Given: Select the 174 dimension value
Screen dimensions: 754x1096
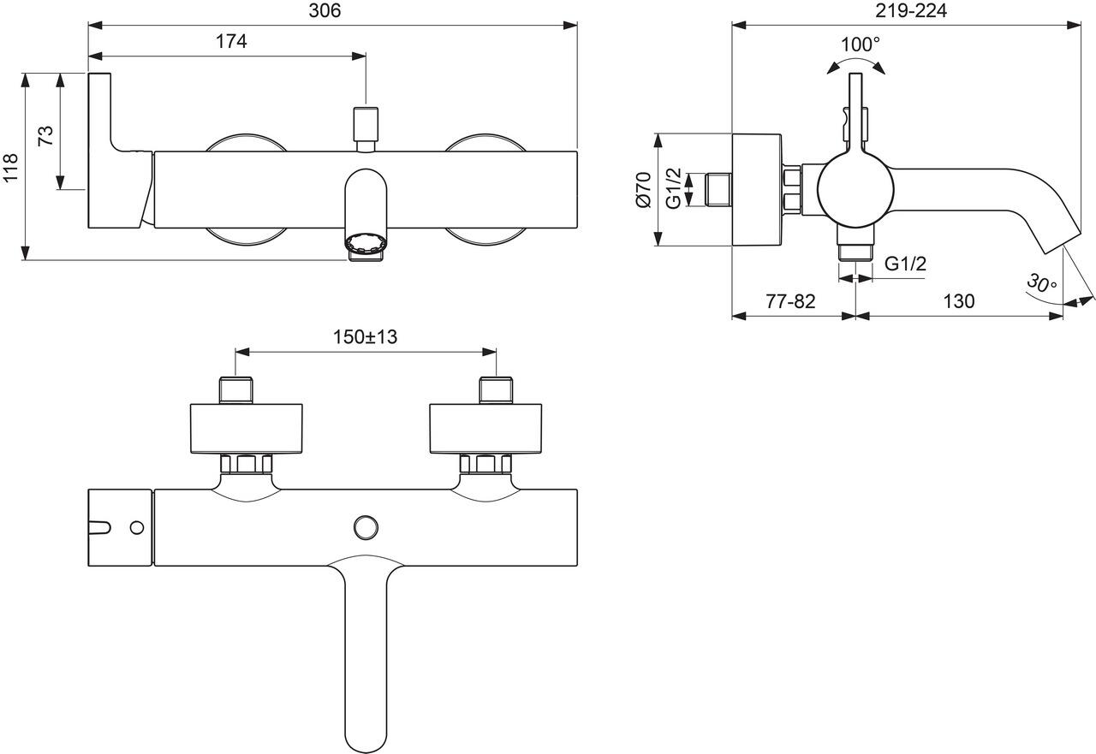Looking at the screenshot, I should pyautogui.click(x=231, y=42).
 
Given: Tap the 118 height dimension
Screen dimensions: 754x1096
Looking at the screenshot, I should pyautogui.click(x=10, y=167).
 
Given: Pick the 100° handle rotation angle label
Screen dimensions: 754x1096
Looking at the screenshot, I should pyautogui.click(x=860, y=44).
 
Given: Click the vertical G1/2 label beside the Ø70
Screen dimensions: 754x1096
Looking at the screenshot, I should pyautogui.click(x=675, y=189).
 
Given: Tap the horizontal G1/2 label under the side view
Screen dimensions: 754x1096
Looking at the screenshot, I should pyautogui.click(x=905, y=264).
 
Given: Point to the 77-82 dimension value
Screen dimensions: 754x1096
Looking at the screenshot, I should pyautogui.click(x=790, y=301).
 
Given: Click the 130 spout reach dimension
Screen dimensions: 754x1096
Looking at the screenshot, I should pyautogui.click(x=959, y=301).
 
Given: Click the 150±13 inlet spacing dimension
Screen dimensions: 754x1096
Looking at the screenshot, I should pyautogui.click(x=366, y=337).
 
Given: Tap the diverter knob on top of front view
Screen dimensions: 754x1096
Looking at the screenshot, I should pyautogui.click(x=366, y=124).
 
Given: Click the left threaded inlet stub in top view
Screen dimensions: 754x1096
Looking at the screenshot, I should pyautogui.click(x=236, y=390).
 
